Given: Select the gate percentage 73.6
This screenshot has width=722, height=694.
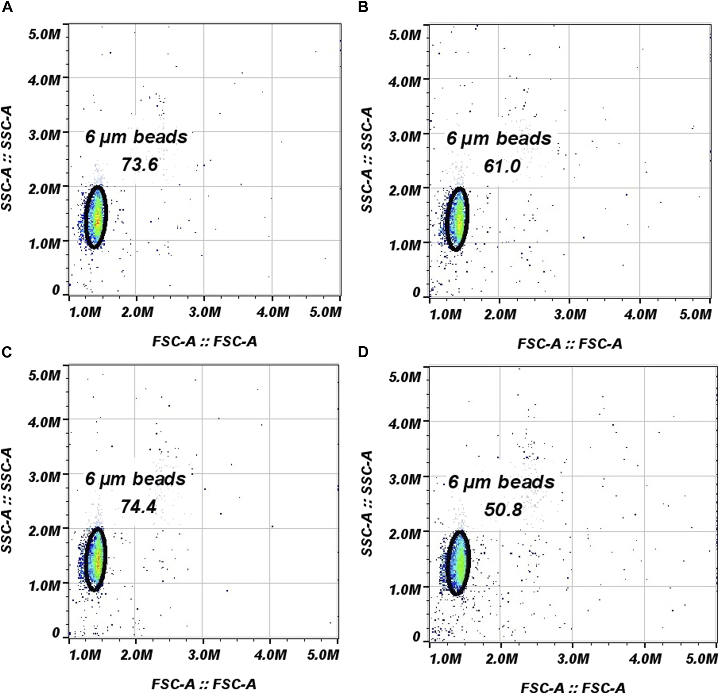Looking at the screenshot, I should pyautogui.click(x=140, y=165).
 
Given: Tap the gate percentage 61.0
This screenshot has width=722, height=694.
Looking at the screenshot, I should pyautogui.click(x=502, y=166).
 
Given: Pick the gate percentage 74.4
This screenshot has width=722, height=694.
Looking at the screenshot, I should pyautogui.click(x=139, y=507).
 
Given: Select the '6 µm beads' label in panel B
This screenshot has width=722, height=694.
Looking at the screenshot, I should pyautogui.click(x=499, y=138).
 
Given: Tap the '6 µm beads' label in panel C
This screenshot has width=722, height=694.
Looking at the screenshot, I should pyautogui.click(x=136, y=479).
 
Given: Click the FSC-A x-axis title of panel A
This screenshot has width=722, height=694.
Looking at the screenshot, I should pyautogui.click(x=205, y=341).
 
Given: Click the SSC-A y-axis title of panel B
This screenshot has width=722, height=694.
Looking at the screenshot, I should pyautogui.click(x=367, y=160).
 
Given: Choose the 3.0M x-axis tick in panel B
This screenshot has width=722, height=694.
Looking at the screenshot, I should pyautogui.click(x=570, y=314).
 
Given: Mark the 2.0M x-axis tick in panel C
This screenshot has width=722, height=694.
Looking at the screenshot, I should pyautogui.click(x=136, y=655).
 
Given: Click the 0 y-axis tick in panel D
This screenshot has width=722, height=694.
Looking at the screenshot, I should pyautogui.click(x=416, y=637).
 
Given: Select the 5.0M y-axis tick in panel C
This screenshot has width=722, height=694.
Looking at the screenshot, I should pyautogui.click(x=44, y=375).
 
